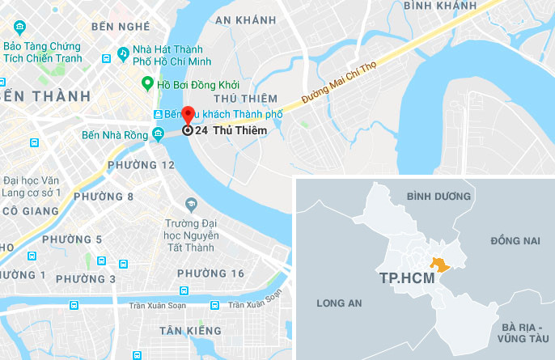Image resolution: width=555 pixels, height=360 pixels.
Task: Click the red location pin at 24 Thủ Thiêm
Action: point(187,116)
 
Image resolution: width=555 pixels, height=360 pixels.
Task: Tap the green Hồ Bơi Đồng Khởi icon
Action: point(147,83)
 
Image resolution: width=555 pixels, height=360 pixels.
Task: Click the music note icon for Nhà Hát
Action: point(123,54)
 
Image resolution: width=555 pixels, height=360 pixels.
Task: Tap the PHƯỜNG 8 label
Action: point(103,197)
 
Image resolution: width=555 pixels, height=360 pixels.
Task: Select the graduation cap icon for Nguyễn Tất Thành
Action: point(191,203)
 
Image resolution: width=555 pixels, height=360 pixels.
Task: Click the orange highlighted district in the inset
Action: point(440,264)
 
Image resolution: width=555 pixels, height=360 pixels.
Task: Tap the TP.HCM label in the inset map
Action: point(405,277)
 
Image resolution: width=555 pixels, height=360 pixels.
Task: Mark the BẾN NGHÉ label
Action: point(122,26)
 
